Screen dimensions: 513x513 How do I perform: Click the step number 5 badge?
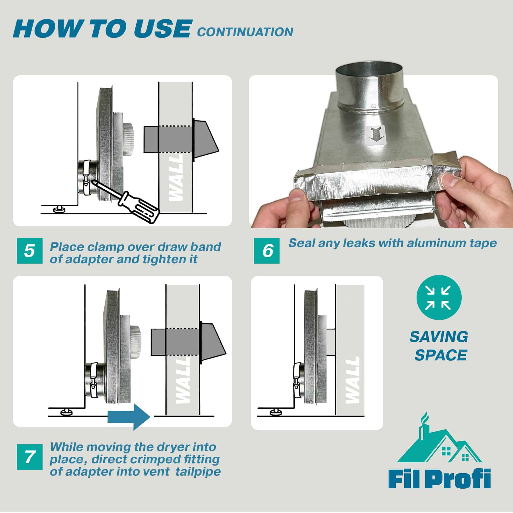coord(29,251)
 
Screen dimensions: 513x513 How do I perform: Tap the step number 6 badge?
coord(266,251)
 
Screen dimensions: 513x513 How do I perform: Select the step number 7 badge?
coord(29,457)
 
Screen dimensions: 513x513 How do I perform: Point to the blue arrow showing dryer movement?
coord(129,417)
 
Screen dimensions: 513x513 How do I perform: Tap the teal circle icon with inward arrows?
coord(439,297)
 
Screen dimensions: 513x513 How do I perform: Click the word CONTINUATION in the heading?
coord(245,32)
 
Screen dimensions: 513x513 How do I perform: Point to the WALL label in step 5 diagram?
coord(176,178)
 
